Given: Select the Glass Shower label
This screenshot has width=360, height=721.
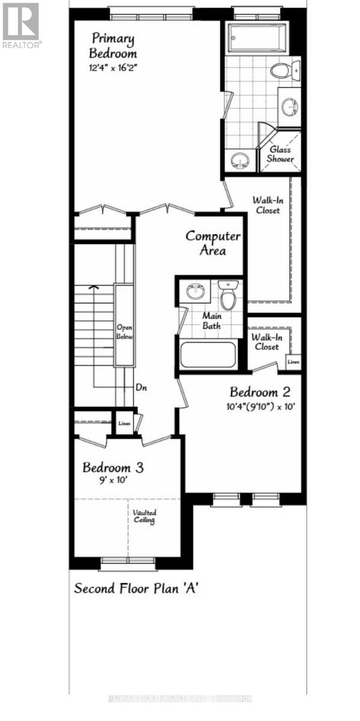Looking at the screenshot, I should [281, 154].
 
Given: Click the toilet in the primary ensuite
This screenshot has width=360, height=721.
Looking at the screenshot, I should [281, 71].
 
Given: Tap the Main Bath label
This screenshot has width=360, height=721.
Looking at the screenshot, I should [211, 321].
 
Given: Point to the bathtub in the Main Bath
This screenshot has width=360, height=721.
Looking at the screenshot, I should [208, 354].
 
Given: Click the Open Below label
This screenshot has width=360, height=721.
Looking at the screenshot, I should [124, 332].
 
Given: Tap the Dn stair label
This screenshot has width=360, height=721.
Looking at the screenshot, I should [142, 388].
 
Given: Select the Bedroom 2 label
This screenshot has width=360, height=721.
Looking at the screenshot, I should [260, 392].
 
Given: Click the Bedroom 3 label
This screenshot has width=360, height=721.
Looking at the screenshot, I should [112, 467].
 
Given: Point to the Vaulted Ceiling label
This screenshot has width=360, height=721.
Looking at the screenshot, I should [145, 516].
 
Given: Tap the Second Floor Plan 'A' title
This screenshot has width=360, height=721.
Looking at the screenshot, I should [136, 588].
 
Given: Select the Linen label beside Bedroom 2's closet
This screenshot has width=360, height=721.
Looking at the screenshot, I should [293, 362].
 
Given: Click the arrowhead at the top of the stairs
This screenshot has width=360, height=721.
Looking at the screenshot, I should [93, 288].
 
